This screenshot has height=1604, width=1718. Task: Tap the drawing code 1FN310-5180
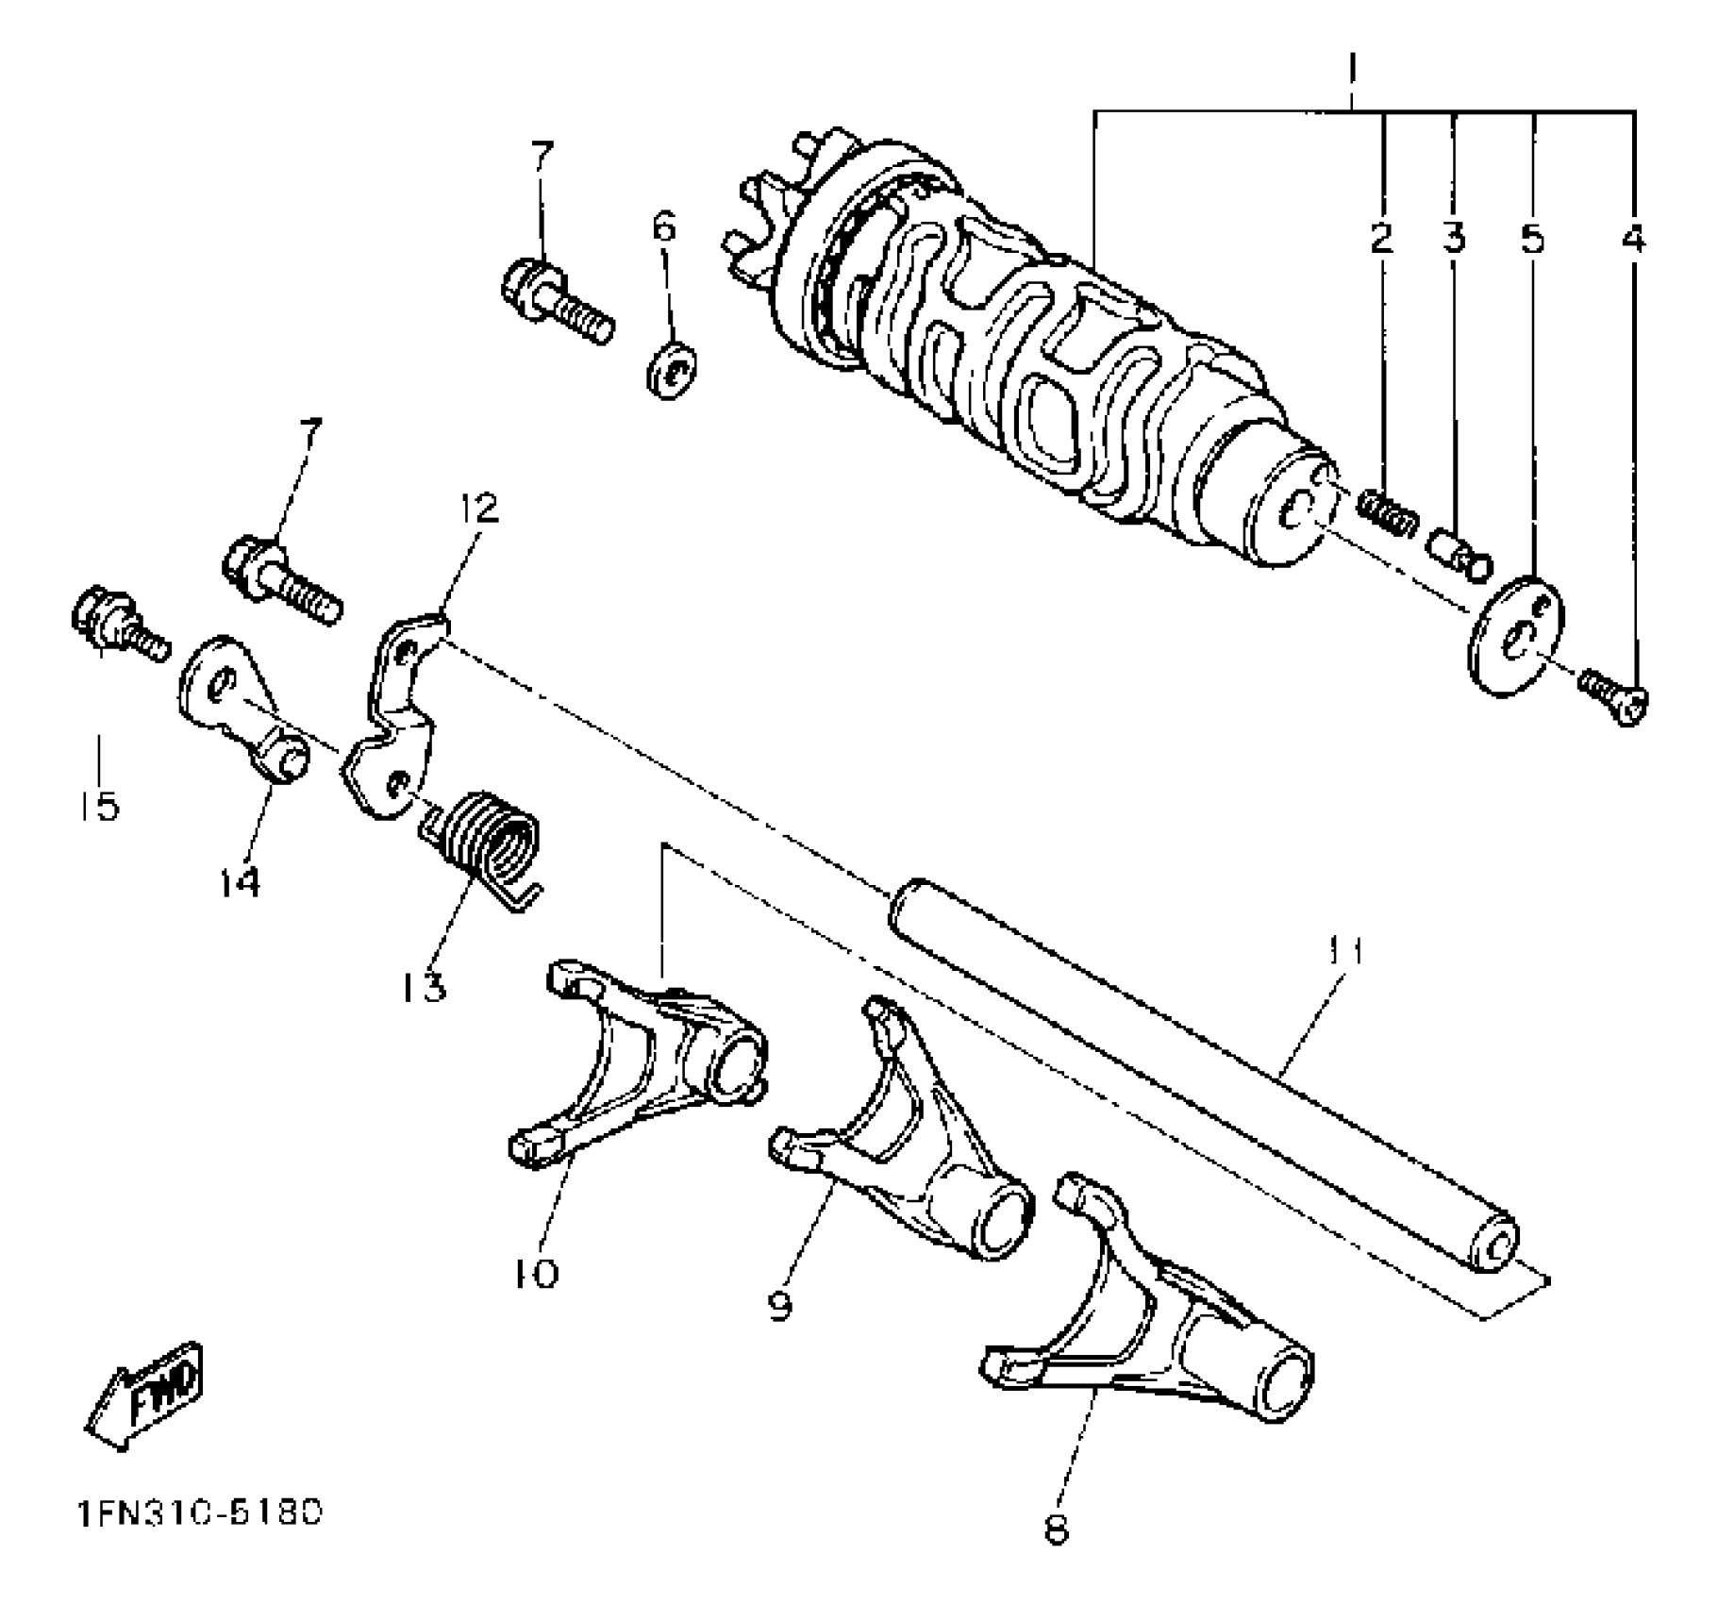coord(199,1513)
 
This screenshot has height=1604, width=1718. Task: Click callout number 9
coord(779,1307)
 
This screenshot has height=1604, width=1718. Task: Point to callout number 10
coord(535,1274)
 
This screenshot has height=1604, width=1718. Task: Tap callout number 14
coord(240,882)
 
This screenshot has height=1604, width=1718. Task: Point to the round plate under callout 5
coord(1516,637)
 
